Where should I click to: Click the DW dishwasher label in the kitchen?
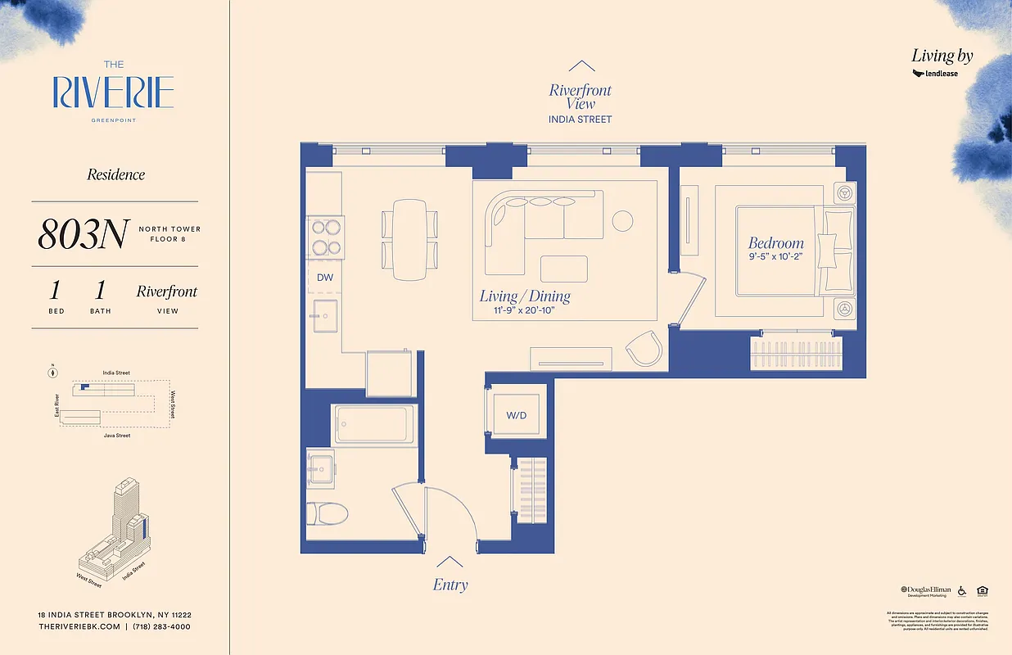[x=325, y=278]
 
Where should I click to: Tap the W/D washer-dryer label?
[x=516, y=415]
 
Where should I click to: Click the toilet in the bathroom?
[x=327, y=514]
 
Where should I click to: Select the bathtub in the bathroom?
[x=372, y=424]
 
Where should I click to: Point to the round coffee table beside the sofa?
[x=622, y=221]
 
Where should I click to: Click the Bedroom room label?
[x=775, y=243]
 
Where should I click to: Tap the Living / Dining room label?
[x=525, y=296]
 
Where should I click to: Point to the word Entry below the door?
[x=450, y=585]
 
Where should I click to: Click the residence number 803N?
[x=82, y=235]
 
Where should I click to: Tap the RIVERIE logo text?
[x=113, y=93]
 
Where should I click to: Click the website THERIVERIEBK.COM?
[x=78, y=626]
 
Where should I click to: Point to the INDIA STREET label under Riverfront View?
[x=580, y=120]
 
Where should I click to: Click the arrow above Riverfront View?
[x=581, y=66]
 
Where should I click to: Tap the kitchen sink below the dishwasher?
[x=325, y=314]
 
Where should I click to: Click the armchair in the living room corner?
[x=644, y=350]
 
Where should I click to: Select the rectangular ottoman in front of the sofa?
[x=563, y=269]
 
